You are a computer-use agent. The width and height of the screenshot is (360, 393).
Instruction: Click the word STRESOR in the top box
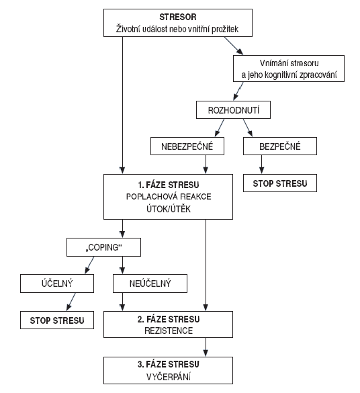178,17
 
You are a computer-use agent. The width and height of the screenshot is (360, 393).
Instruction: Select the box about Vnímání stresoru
289,69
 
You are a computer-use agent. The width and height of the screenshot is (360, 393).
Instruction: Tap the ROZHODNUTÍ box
233,110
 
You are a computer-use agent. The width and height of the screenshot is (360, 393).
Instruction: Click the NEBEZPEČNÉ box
187,146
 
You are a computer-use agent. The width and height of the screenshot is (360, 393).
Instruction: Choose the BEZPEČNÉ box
280,146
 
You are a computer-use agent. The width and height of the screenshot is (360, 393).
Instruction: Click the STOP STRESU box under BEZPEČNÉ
280,183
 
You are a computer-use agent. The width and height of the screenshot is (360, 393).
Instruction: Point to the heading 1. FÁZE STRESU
169,185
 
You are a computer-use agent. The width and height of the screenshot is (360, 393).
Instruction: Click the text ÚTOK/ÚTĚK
169,208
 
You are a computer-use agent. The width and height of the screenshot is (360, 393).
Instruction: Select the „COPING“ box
103,247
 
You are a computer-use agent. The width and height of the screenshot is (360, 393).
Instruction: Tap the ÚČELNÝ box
57,283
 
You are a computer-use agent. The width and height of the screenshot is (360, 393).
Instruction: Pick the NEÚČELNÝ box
150,283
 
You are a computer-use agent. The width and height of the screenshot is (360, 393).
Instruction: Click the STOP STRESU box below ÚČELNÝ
57,320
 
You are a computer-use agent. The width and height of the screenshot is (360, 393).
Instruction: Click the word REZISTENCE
169,331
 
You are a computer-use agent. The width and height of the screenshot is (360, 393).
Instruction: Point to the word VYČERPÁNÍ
169,377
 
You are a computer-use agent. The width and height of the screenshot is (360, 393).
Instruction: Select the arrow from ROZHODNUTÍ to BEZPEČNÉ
248,128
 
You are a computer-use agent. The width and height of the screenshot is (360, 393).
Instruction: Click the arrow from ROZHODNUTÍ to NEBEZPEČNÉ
220,128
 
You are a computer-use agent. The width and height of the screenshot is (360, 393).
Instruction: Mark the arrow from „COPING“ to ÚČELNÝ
89,265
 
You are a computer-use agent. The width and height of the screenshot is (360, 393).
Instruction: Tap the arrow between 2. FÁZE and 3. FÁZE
206,347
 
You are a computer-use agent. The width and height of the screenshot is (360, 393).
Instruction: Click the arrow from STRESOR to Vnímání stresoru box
234,46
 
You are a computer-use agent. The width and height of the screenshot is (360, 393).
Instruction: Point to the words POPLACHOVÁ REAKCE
169,196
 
